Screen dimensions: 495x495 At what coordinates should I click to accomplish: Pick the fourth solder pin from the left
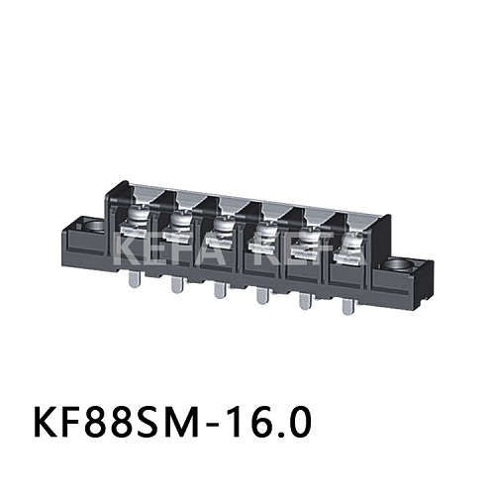260,296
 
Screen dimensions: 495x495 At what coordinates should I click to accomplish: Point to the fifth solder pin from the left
303,302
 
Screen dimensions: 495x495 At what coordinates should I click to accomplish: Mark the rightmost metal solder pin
346,308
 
